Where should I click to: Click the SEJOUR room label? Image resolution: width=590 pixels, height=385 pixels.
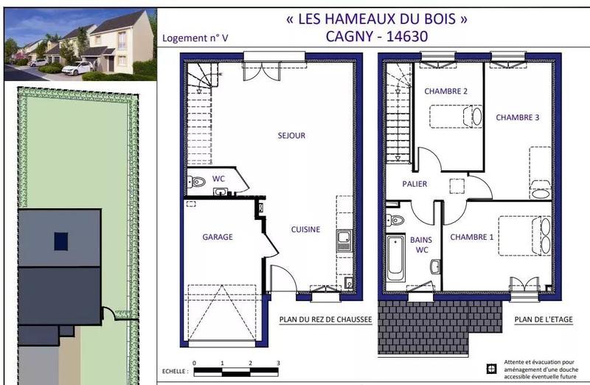(291, 136)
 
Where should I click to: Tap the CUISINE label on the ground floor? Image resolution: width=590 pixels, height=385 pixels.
(305, 229)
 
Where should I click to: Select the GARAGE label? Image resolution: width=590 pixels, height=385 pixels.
(218, 237)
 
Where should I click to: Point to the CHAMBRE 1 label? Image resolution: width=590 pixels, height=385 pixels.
(473, 237)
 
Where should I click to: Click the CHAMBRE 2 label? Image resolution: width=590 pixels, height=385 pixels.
(445, 91)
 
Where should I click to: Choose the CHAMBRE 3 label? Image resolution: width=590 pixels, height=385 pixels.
(517, 117)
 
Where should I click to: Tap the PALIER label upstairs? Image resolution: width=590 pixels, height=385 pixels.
(414, 184)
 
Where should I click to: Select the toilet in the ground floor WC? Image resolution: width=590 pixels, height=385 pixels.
(197, 182)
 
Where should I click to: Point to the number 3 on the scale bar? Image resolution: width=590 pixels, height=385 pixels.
(278, 364)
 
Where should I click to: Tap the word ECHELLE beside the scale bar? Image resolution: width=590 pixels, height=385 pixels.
(173, 372)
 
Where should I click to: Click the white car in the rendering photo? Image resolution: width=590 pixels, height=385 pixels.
(77, 67)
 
